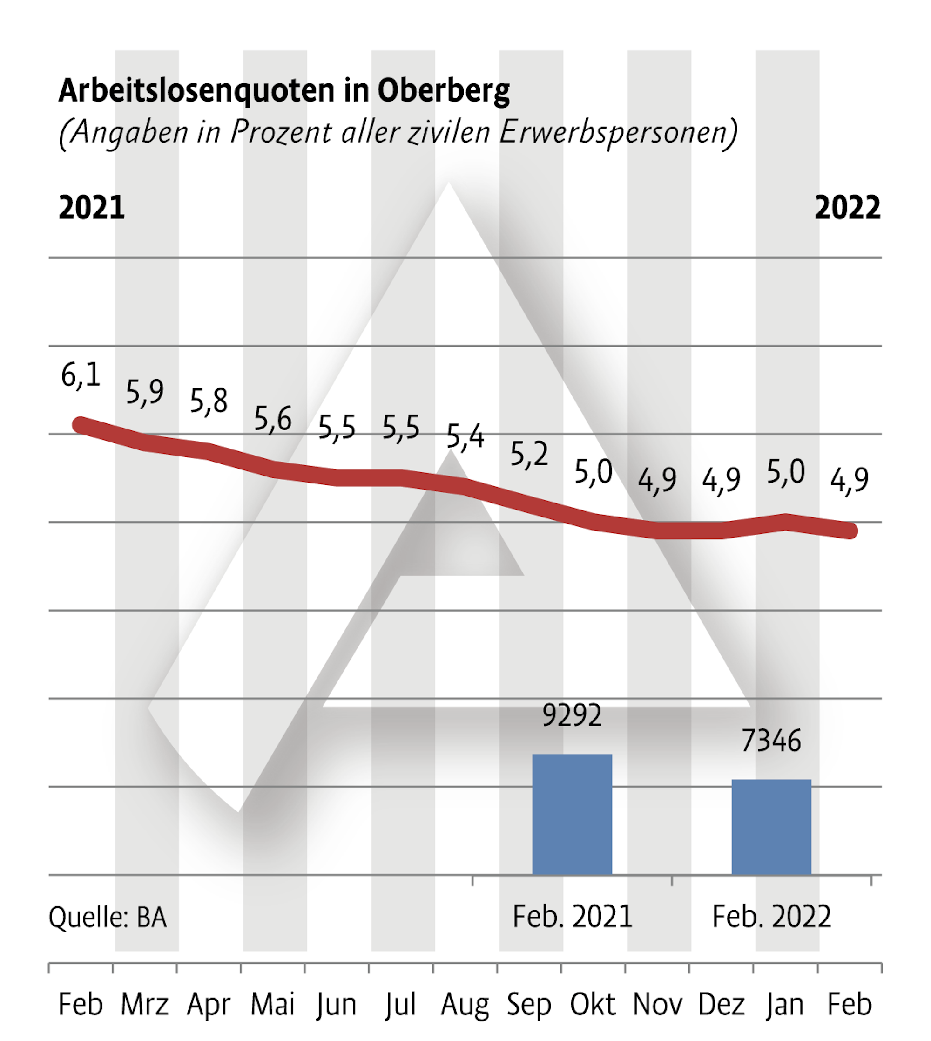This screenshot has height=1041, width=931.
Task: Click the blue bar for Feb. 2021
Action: [x=572, y=814]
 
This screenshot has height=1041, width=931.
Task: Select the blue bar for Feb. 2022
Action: [x=771, y=827]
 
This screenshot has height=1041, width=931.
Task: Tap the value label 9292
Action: [x=572, y=715]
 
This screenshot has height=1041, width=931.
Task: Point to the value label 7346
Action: [x=771, y=741]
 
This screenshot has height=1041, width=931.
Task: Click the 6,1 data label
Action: [x=81, y=375]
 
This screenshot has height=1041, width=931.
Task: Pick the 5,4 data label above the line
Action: [x=465, y=436]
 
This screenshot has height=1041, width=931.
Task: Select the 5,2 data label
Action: [x=529, y=454]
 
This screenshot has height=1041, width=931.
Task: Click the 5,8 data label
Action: [x=209, y=400]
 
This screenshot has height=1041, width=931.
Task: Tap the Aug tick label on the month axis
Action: [x=465, y=1004]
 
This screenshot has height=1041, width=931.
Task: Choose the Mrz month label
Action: [x=144, y=1004]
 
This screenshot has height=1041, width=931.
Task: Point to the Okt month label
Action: [x=593, y=1004]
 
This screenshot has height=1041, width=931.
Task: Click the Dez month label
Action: [x=721, y=1004]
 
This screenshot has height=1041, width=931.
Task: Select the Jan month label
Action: [x=785, y=1004]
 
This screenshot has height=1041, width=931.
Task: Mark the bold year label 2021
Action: [x=92, y=208]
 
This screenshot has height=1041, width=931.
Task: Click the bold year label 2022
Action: [x=847, y=208]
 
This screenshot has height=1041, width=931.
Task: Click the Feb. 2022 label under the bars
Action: [x=771, y=916]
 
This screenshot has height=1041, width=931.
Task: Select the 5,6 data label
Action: [x=273, y=419]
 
